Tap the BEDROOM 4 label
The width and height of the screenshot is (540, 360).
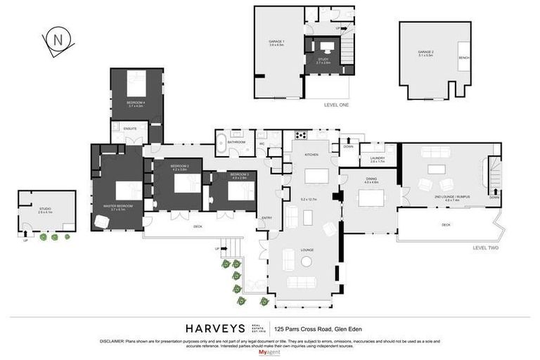pos(136,103)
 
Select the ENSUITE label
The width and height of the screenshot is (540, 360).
pos(130,129)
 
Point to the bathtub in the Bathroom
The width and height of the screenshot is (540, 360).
pos(221,142)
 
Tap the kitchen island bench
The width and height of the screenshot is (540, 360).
pos(316,175)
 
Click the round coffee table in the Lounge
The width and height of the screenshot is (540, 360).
pos(307,262)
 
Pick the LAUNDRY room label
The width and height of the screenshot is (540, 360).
pos(377,159)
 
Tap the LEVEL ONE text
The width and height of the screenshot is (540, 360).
pos(336,104)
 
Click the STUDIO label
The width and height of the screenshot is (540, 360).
pos(45,210)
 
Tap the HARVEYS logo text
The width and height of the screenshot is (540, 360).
pos(215,328)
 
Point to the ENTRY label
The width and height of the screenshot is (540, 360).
pos(266,218)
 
